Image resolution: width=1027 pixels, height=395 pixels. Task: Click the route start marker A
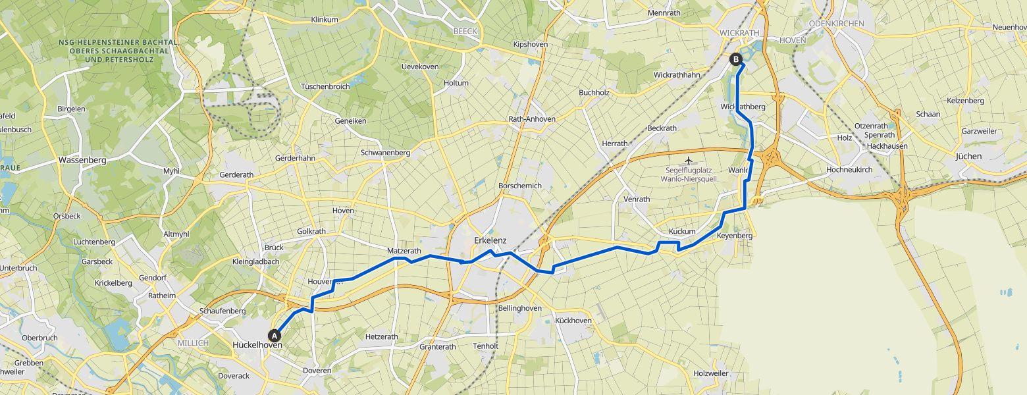275,335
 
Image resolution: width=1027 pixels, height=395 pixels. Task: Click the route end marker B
736,59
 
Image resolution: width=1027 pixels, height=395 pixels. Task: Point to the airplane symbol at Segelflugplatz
689,161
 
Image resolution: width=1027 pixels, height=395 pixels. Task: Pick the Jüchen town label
968,157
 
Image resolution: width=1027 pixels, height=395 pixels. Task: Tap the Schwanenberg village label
385,153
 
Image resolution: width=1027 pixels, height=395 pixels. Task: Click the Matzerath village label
404,251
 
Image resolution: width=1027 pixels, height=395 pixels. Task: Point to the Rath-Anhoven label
532,119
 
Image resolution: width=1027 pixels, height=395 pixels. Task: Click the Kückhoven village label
573,321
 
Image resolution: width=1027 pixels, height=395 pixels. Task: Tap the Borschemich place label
520,186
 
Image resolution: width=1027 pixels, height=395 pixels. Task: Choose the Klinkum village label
324,20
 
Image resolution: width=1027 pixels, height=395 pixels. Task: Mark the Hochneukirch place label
849,170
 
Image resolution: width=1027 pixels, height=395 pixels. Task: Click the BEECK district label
465,31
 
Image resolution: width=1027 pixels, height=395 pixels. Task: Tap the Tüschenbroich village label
325,87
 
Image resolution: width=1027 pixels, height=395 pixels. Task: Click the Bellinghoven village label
519,308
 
